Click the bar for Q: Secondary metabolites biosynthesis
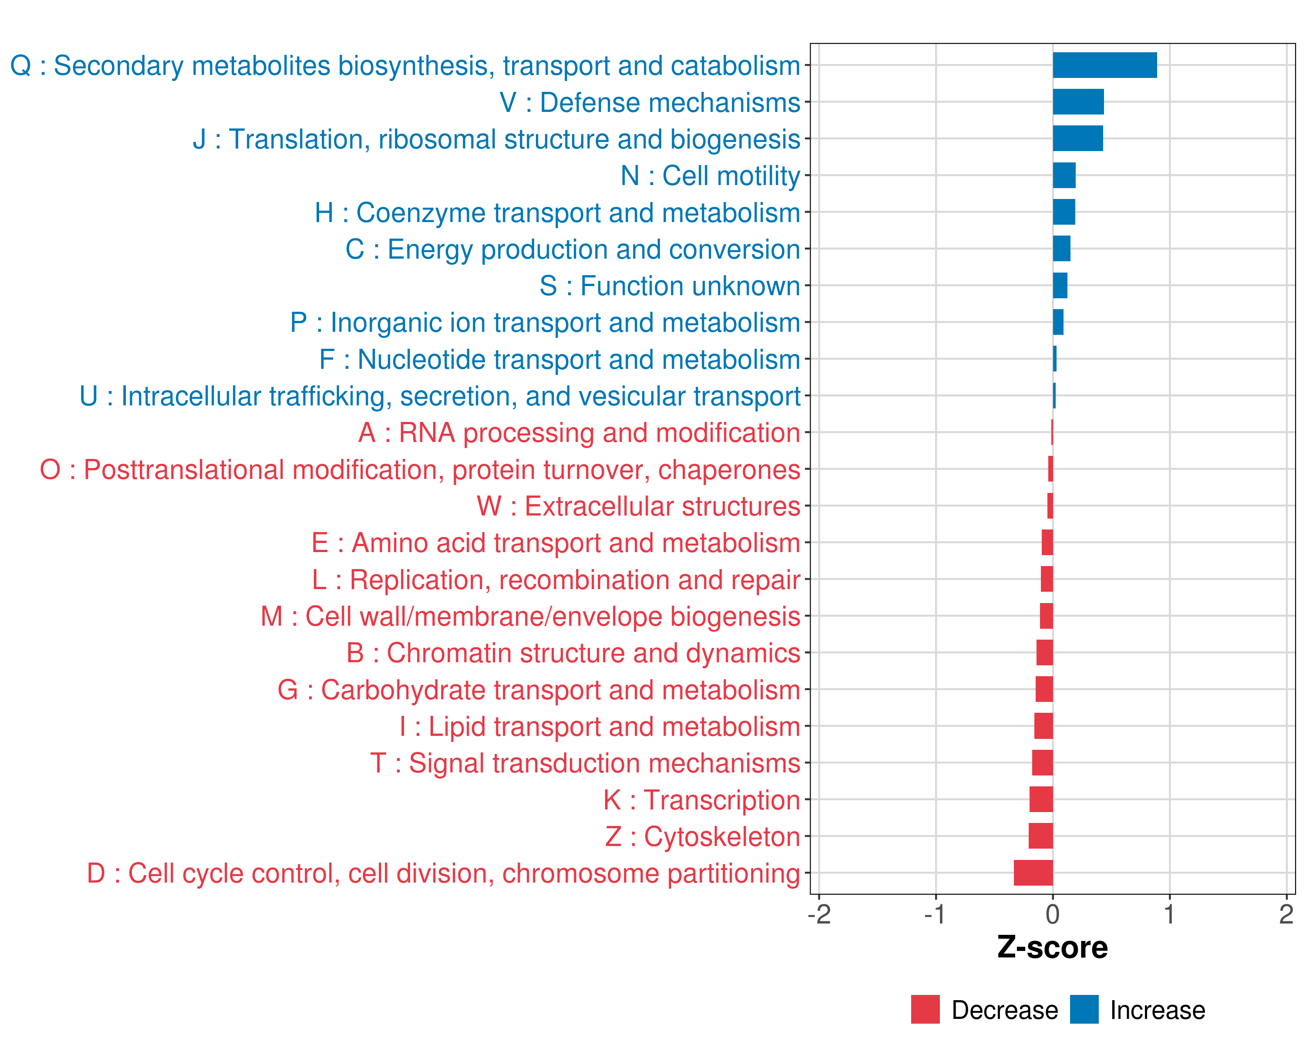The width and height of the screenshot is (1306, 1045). click(x=1104, y=65)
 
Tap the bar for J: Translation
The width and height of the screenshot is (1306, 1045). click(x=1077, y=139)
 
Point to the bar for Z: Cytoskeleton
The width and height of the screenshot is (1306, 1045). click(x=1041, y=836)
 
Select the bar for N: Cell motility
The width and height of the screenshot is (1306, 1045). click(x=1064, y=175)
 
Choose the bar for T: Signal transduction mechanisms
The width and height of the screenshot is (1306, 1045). click(x=1043, y=763)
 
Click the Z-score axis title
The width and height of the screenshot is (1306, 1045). click(x=1052, y=947)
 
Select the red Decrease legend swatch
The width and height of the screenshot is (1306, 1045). click(x=925, y=1009)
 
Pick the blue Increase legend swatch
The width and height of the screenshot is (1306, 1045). click(x=1084, y=1009)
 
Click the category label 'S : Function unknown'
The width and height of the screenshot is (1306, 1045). click(x=670, y=286)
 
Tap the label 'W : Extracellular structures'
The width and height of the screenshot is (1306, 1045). click(x=639, y=506)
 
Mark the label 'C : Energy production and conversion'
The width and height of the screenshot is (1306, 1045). click(x=572, y=249)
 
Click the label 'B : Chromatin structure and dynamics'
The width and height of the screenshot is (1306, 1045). click(x=573, y=653)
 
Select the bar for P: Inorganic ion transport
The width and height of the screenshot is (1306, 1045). click(x=1057, y=322)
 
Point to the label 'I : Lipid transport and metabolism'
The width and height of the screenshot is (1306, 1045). click(x=600, y=726)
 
